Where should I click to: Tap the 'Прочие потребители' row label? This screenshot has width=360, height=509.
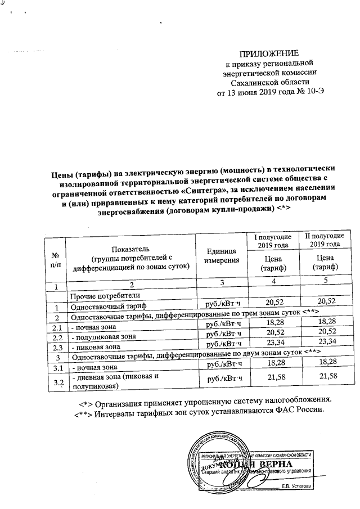(103, 296)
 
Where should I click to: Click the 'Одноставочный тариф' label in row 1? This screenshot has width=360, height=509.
(107, 307)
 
